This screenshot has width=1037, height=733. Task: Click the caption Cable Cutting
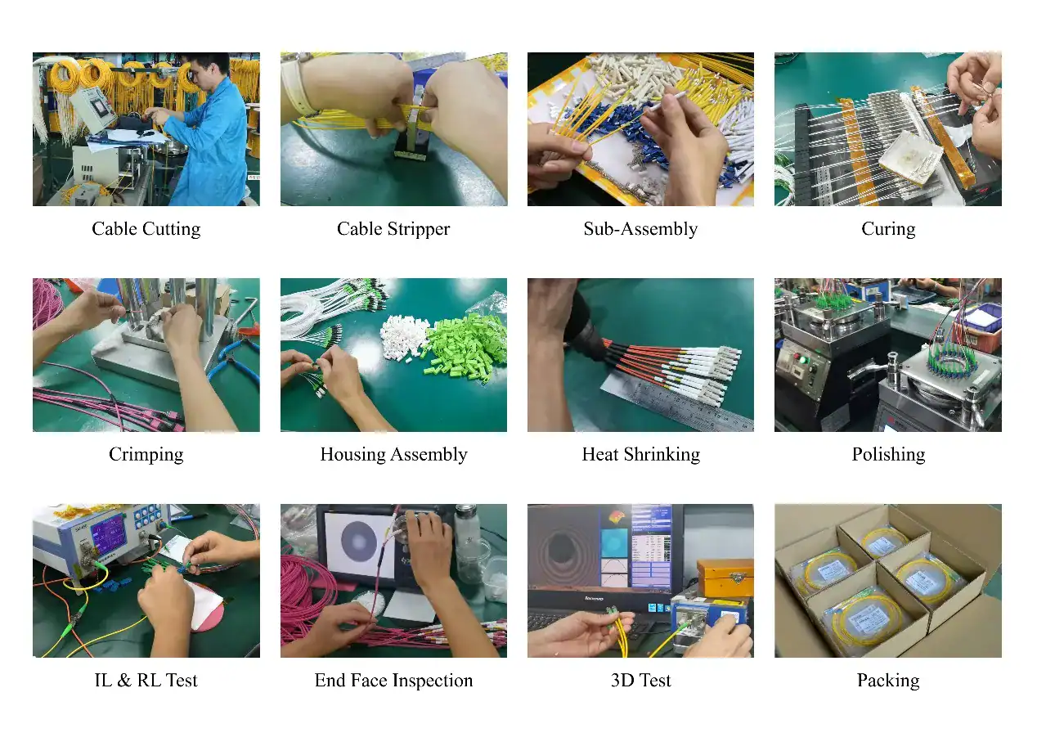[146, 229]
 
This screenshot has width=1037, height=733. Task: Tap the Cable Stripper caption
[393, 229]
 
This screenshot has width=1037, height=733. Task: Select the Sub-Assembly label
[640, 229]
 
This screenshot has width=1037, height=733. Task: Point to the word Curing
[888, 229]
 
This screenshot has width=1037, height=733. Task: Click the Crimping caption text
[146, 455]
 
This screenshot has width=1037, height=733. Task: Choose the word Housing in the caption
[352, 455]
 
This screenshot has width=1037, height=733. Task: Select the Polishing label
[888, 455]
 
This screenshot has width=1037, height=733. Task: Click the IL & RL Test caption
[146, 680]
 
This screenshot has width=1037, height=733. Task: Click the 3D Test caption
[640, 680]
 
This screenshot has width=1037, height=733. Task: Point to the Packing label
[888, 681]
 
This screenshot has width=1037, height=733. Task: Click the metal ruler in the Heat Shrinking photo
[680, 402]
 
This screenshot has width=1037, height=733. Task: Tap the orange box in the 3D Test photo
[725, 578]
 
